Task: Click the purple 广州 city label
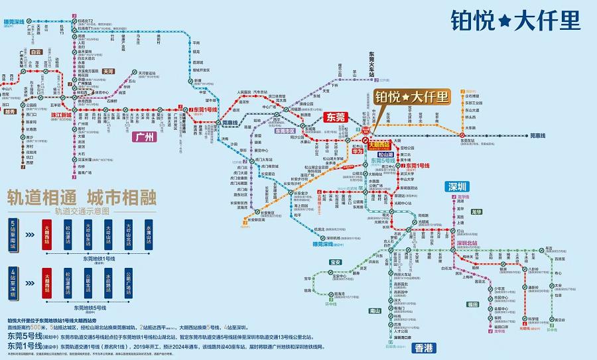141,138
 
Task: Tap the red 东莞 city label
336,117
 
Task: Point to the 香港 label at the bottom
421,347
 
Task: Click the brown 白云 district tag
36,52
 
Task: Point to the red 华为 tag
357,151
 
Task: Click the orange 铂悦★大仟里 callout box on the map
411,97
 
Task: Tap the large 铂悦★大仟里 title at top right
514,20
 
